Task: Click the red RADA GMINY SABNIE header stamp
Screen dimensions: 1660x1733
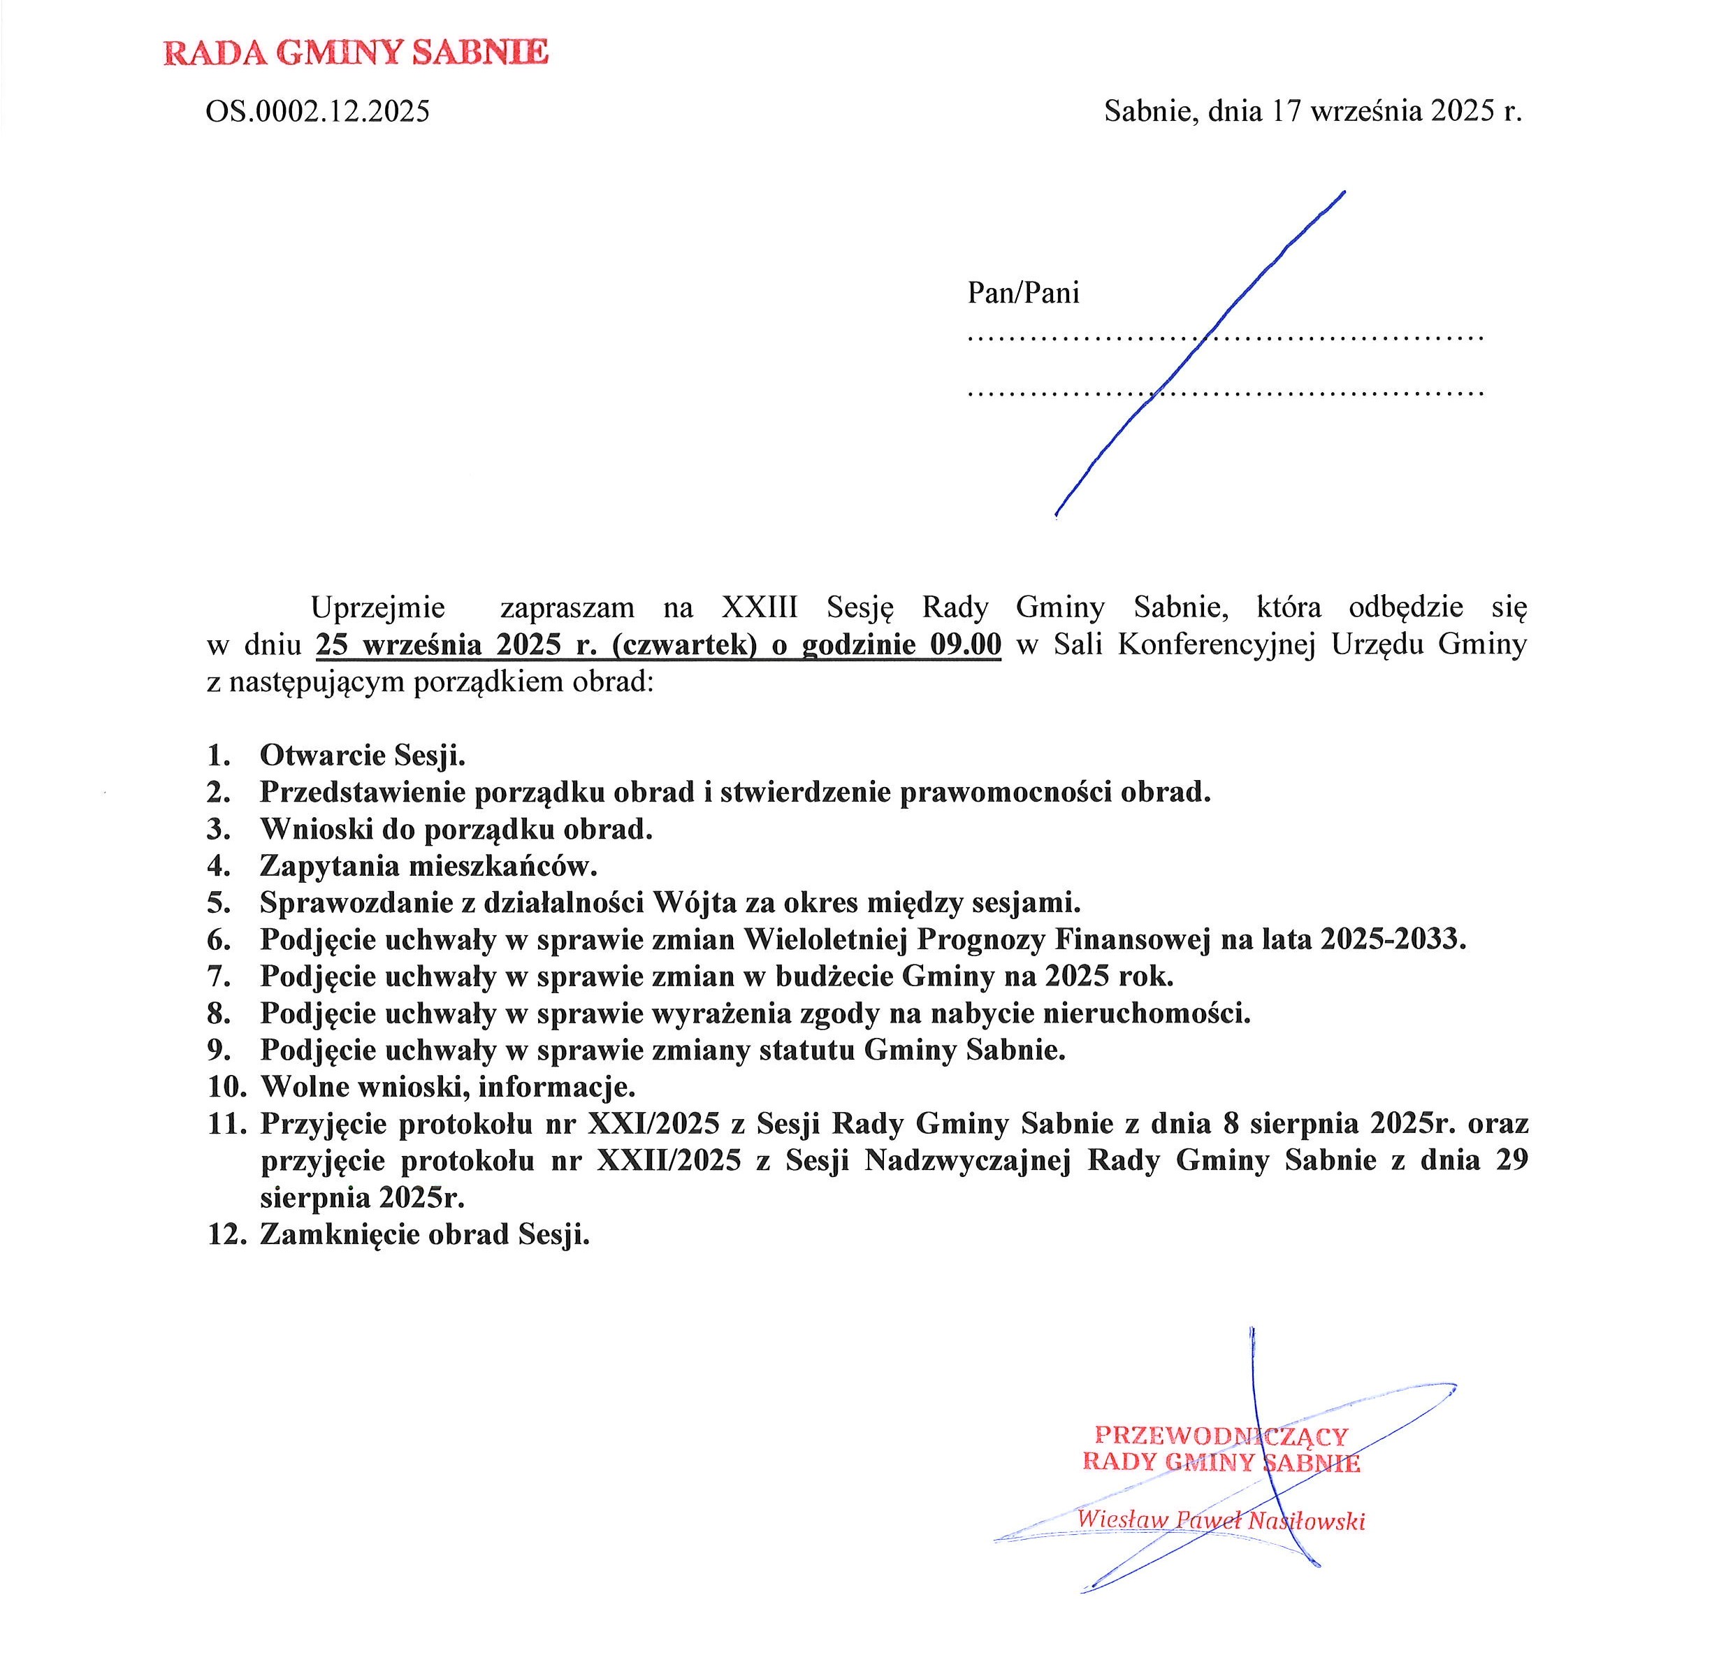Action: (356, 52)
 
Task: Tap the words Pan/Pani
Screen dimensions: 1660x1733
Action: (1023, 293)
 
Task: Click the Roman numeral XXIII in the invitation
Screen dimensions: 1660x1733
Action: (760, 607)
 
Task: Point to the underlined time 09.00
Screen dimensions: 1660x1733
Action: (966, 644)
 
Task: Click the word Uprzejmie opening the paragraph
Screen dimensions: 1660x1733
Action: (377, 607)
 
